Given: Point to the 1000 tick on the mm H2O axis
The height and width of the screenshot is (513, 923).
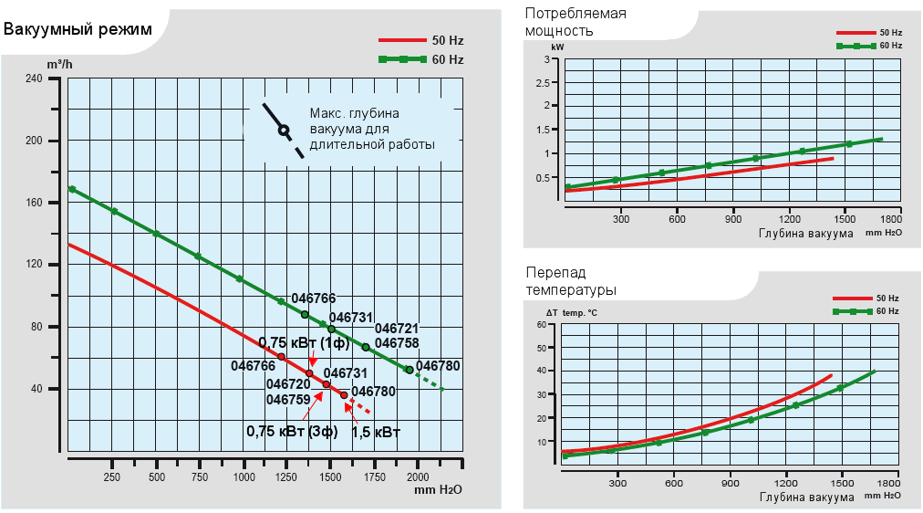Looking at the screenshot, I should (x=244, y=477).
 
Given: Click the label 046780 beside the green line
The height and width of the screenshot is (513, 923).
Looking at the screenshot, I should (x=438, y=365).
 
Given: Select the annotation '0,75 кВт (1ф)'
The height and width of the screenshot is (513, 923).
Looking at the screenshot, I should (x=304, y=342).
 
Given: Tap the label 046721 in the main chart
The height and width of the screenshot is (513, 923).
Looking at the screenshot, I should (x=397, y=328).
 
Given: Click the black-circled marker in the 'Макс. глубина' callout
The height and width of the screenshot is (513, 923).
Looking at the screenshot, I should (x=284, y=131).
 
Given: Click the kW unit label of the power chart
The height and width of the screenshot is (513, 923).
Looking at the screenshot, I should (x=557, y=46).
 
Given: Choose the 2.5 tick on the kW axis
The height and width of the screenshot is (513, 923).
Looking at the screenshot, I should (x=550, y=83).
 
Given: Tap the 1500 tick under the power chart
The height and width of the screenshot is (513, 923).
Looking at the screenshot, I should (x=844, y=219).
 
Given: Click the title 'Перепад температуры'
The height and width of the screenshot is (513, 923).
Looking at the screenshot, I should (x=571, y=281).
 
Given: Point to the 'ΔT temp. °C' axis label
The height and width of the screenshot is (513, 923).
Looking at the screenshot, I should (x=565, y=312).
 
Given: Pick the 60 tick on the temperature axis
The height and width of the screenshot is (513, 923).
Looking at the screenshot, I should (x=541, y=324).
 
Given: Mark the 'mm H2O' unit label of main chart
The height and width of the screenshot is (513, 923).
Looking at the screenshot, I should (x=438, y=490).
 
